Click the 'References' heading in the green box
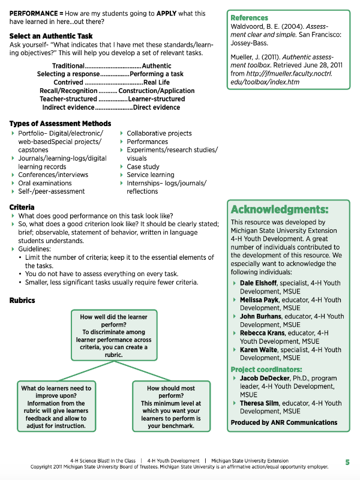(249, 18)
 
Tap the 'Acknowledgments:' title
(280, 209)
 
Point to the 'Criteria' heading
(22, 207)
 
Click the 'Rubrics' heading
(23, 300)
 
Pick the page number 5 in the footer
(347, 462)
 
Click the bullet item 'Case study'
(143, 167)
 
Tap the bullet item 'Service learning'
(150, 175)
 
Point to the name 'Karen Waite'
(259, 350)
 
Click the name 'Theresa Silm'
(260, 404)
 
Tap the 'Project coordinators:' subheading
(266, 370)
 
